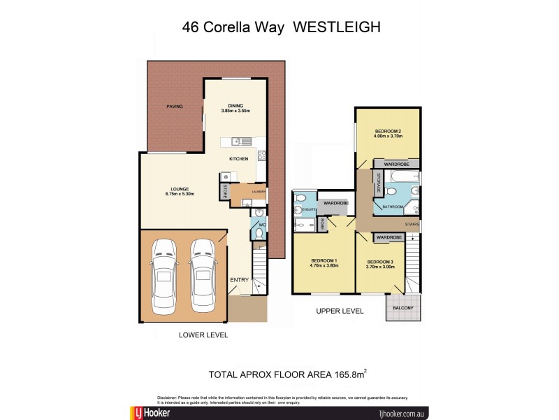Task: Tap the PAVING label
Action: pyautogui.click(x=174, y=106)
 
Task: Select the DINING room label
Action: pyautogui.click(x=235, y=106)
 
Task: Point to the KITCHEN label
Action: pyautogui.click(x=239, y=160)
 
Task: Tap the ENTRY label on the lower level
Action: pyautogui.click(x=239, y=280)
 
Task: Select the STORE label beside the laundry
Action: pyautogui.click(x=225, y=190)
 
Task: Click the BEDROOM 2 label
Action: pyautogui.click(x=387, y=131)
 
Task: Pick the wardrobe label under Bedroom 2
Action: pyautogui.click(x=395, y=163)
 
